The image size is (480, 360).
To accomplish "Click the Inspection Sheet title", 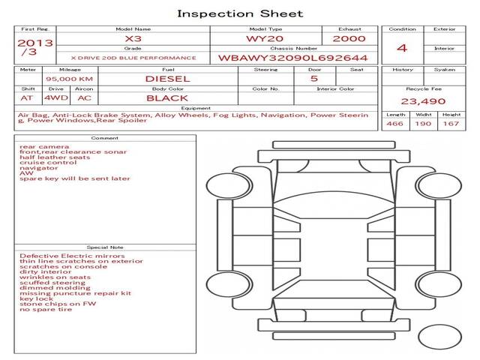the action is click(x=240, y=13).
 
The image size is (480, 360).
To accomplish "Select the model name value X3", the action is click(x=133, y=39).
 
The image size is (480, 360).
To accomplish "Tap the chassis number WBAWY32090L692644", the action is click(x=293, y=58).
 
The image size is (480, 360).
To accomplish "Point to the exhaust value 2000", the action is click(x=349, y=39).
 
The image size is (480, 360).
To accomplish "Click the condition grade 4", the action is click(x=402, y=48).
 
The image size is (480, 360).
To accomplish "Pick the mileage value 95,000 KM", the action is click(x=70, y=79).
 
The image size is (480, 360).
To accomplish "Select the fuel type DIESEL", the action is click(x=168, y=79).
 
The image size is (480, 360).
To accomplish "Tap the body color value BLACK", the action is click(x=167, y=98).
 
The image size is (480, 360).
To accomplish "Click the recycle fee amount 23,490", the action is click(x=423, y=101).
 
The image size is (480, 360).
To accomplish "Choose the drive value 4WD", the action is click(x=56, y=98).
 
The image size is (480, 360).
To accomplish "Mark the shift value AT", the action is click(x=27, y=98).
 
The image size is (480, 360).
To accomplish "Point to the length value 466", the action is click(x=395, y=124).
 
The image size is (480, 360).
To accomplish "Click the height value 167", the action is click(x=451, y=124).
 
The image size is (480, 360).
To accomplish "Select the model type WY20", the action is click(x=265, y=39).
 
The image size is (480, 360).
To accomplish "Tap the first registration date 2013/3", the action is click(x=35, y=47).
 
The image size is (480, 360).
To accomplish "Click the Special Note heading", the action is click(x=105, y=247).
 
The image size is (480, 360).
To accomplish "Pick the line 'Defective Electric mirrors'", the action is click(x=72, y=256).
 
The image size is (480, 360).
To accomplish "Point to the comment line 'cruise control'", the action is click(x=48, y=163).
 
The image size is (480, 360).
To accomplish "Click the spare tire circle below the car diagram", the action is click(x=440, y=337).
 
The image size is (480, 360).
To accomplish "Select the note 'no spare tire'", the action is click(x=46, y=310).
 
